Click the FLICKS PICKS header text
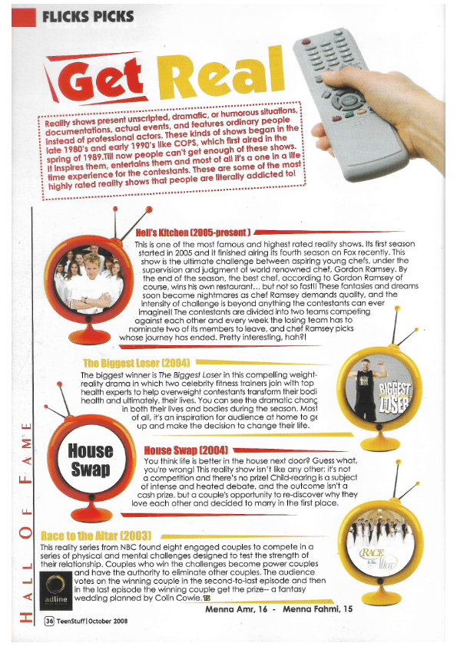coord(88,16)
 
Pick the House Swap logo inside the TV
coord(91,460)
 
